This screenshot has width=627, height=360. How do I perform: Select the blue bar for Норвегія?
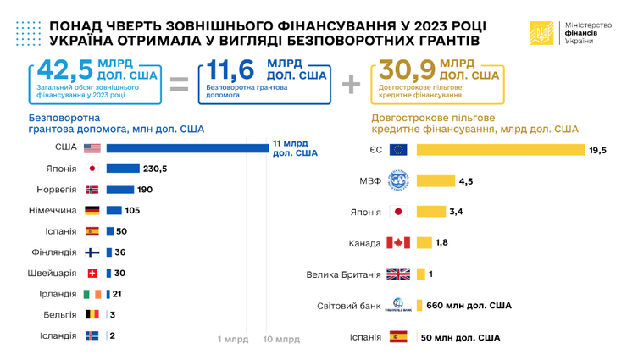pos(120,189)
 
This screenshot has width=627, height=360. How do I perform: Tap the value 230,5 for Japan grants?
pos(154,169)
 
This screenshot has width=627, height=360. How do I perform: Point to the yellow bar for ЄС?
pos(500,150)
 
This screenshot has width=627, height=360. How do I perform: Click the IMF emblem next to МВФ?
pos(398,180)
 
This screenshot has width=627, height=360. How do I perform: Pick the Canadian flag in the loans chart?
pos(398,242)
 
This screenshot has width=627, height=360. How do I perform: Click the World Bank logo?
pos(398,305)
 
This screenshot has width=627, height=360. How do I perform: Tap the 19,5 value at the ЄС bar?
pos(598,150)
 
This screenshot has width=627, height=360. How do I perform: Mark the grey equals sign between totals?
pos(178,82)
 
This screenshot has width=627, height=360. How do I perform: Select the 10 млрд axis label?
pos(283,340)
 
